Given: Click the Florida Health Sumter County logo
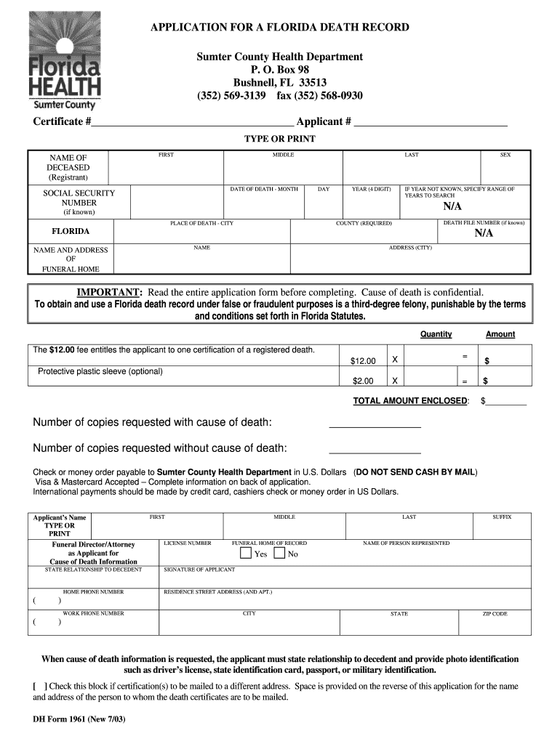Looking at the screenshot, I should click(x=64, y=62).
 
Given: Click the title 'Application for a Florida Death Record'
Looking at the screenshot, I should click(x=279, y=28).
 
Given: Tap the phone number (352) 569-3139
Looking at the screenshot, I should click(x=231, y=96).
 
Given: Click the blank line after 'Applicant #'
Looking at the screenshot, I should click(x=430, y=122).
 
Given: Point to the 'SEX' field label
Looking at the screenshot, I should click(x=505, y=155).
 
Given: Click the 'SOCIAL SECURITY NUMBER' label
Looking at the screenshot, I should click(x=79, y=198).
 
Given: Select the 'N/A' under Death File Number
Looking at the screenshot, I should click(x=484, y=233).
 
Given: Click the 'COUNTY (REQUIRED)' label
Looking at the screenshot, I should click(x=364, y=223).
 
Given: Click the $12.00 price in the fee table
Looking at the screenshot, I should click(x=363, y=361).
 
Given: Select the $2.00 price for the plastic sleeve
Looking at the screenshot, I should click(x=363, y=381).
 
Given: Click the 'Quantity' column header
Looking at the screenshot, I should click(x=436, y=334).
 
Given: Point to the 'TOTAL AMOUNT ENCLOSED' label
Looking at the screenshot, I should click(x=410, y=401).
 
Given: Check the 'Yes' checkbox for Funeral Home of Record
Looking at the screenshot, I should click(x=245, y=554).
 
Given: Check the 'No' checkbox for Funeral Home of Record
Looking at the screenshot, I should click(x=279, y=554).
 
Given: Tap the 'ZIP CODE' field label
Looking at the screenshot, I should click(x=495, y=614).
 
